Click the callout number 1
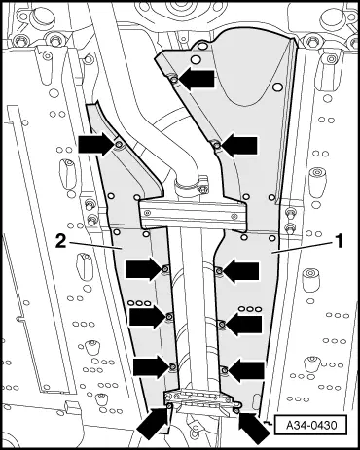click(339, 242)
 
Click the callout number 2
click(60, 242)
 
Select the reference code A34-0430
click(307, 425)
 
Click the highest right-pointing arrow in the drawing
click(96, 144)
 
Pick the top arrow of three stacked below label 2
click(143, 269)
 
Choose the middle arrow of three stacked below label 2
click(148, 316)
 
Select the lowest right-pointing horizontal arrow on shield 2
click(152, 366)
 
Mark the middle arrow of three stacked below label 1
click(243, 325)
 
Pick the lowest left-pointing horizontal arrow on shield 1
click(246, 369)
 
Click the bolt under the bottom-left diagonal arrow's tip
click(169, 405)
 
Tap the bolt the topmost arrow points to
click(174, 79)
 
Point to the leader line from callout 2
click(95, 246)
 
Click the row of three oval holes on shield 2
click(139, 303)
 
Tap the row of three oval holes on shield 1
click(250, 309)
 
